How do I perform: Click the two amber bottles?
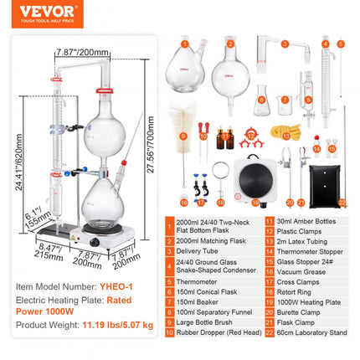(x=224, y=137)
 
